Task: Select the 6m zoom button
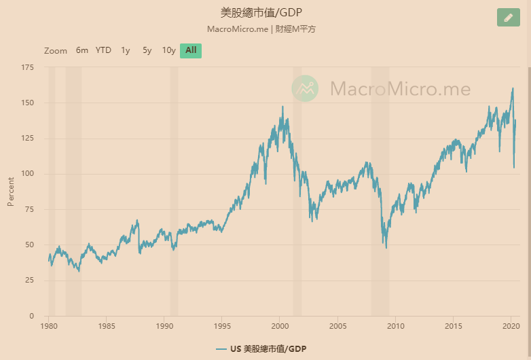pos(82,50)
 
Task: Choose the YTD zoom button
pos(103,50)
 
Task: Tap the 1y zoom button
pos(126,50)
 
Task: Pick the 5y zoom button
pos(147,50)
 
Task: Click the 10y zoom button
pos(168,50)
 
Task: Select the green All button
pos(191,50)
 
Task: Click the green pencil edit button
pos(508,18)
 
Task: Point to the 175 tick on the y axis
pos(28,67)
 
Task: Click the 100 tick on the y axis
pos(28,174)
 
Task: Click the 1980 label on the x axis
pos(48,326)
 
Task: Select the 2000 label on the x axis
pos(280,326)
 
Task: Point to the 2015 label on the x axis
pos(454,326)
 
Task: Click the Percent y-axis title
pos(11,192)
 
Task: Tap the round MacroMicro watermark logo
pos(306,88)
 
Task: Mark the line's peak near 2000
pos(282,107)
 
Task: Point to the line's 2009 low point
pos(386,247)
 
